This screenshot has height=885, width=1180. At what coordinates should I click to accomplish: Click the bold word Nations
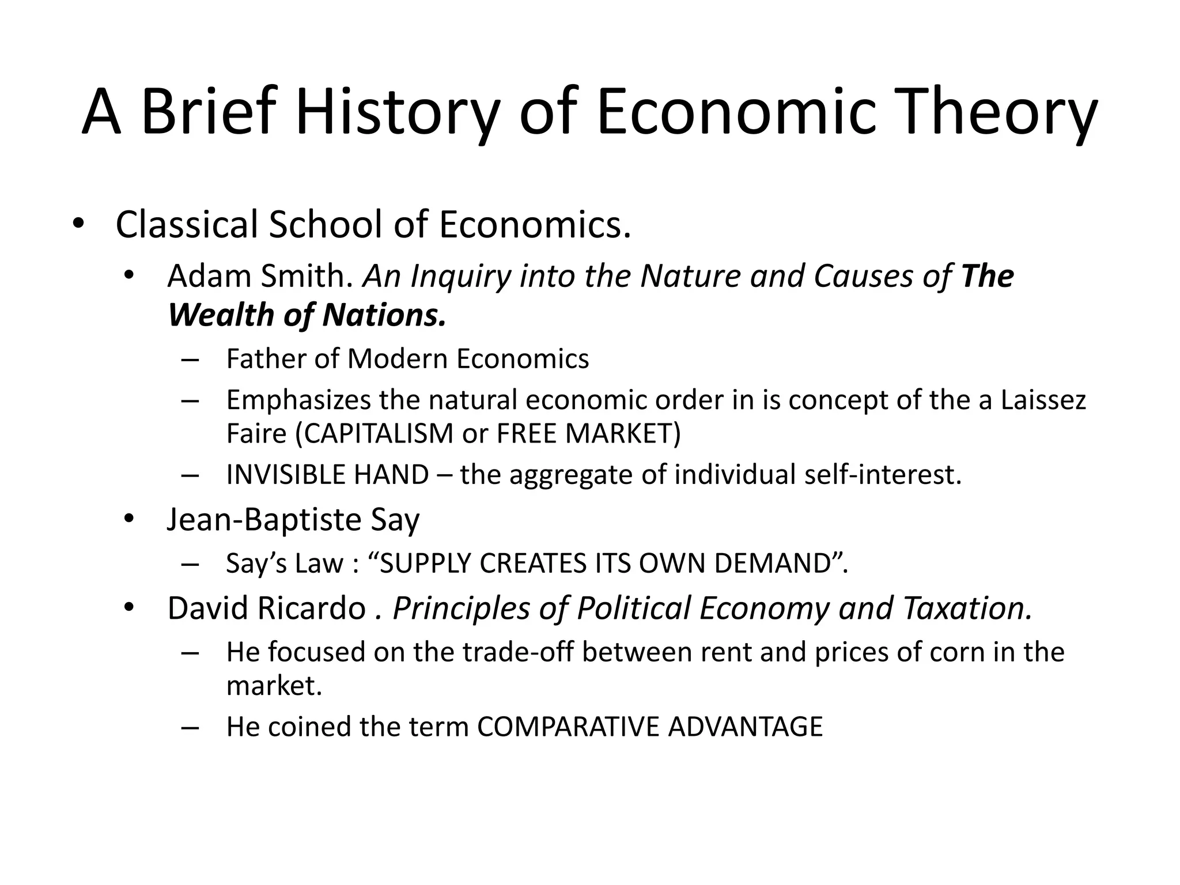(384, 315)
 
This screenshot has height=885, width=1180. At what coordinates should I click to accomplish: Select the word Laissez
(1043, 400)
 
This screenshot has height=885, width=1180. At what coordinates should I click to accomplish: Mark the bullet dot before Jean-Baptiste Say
(128, 519)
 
